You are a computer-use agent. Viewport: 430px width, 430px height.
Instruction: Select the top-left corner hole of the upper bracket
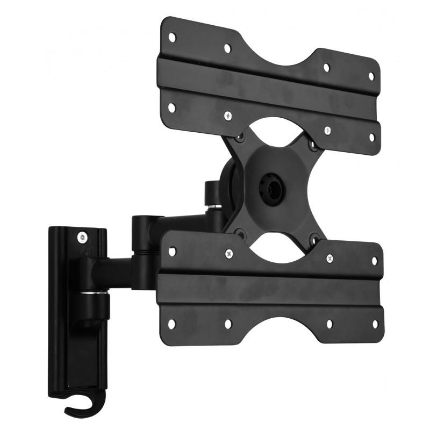(172, 37)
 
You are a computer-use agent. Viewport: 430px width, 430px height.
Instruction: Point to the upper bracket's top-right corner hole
(371, 76)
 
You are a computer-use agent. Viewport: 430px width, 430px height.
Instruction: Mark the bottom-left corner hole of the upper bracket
(171, 107)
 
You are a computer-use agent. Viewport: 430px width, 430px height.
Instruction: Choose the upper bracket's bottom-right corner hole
(371, 138)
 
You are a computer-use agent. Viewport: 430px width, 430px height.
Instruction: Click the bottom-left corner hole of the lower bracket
(171, 324)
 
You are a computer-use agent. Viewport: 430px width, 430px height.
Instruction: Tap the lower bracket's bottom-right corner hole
(375, 324)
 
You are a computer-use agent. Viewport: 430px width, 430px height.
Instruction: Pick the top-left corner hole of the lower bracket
(172, 251)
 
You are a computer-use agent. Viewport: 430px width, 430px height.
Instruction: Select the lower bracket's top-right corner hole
(375, 261)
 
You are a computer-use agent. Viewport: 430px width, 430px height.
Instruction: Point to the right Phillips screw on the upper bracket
(327, 130)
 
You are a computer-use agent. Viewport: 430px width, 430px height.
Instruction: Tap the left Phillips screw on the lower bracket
(229, 253)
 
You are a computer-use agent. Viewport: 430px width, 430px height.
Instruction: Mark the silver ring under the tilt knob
(213, 206)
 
